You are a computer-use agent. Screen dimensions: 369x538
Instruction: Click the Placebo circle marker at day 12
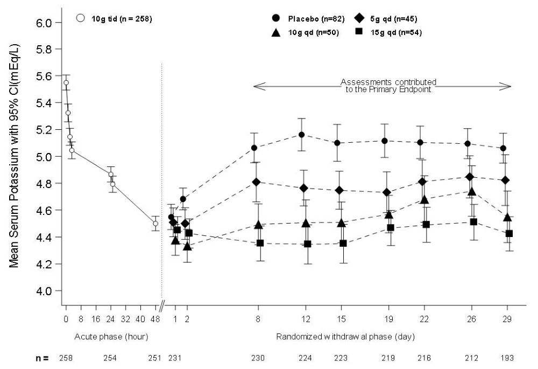pyautogui.click(x=302, y=135)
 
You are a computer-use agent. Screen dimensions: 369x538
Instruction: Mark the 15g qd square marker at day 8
pyautogui.click(x=260, y=243)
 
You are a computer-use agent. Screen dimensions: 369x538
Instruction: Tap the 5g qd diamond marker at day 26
pyautogui.click(x=470, y=177)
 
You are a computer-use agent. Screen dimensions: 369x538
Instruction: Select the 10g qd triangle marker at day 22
pyautogui.click(x=424, y=200)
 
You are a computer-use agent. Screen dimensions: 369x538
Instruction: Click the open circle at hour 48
pyautogui.click(x=155, y=224)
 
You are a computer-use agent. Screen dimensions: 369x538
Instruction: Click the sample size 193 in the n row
pyautogui.click(x=507, y=358)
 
